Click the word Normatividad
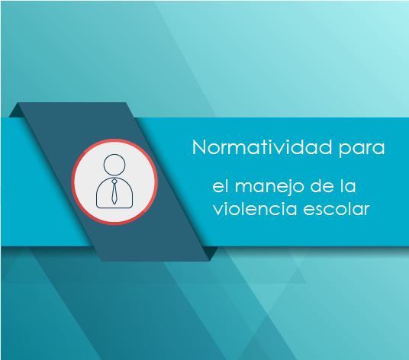pos(262,147)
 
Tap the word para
pos(362,149)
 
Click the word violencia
pos(255,208)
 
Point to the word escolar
pos(337,208)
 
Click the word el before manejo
pos(222,186)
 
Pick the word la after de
pos(348,186)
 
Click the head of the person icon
pos(114,165)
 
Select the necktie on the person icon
pos(114,191)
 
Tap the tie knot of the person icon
pos(114,182)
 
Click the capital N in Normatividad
pos(199,147)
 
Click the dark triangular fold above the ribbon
pos(18,111)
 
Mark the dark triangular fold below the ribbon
pos(213,253)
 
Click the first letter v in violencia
pos(218,209)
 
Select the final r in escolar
pos(366,209)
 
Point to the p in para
pos(344,150)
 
